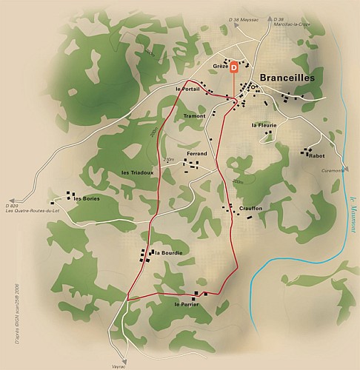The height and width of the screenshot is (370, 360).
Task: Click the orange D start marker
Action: point(235,67)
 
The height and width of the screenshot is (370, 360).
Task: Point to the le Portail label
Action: point(188,90)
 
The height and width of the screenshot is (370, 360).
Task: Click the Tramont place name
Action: point(194,116)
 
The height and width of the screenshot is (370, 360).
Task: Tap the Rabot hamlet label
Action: point(317,156)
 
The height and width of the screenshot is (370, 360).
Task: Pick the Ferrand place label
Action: point(197,153)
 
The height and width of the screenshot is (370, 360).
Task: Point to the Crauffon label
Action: point(250,209)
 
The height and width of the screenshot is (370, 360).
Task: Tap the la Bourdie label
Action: point(168,253)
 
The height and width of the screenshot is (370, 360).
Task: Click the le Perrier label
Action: point(186,304)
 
